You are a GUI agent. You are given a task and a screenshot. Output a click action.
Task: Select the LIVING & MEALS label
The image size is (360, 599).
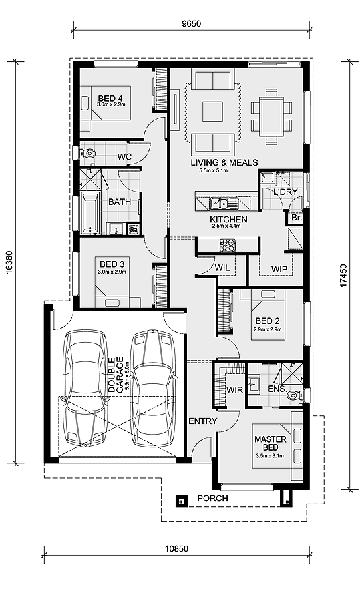point(224,162)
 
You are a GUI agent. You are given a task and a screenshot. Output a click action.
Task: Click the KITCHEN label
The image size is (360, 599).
point(228,219)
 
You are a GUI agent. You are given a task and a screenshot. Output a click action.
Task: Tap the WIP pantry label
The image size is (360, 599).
point(279,269)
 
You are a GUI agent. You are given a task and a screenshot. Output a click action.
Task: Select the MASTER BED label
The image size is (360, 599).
point(270,443)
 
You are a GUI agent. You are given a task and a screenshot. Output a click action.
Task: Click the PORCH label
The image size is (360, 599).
point(213,498)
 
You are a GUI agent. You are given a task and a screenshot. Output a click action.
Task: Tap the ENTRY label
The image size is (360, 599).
point(202,421)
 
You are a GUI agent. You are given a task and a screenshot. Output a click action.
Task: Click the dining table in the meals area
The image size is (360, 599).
point(271,116)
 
